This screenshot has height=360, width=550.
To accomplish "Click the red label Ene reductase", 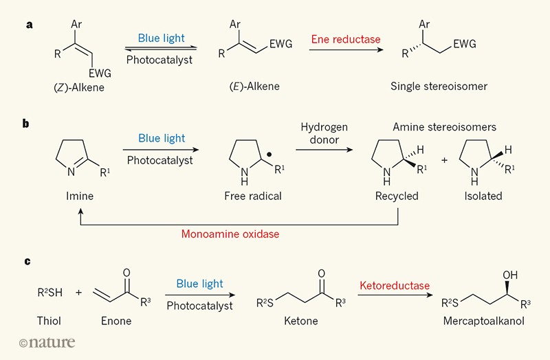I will [x=346, y=39].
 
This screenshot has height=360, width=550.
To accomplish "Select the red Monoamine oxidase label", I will [x=230, y=233].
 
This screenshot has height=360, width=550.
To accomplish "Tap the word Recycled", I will [x=397, y=196].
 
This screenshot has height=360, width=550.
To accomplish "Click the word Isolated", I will [x=482, y=196].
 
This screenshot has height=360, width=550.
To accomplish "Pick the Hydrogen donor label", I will [x=324, y=135].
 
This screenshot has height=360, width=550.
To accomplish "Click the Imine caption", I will [x=78, y=196].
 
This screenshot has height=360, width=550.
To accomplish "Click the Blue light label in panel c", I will [x=198, y=284].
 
